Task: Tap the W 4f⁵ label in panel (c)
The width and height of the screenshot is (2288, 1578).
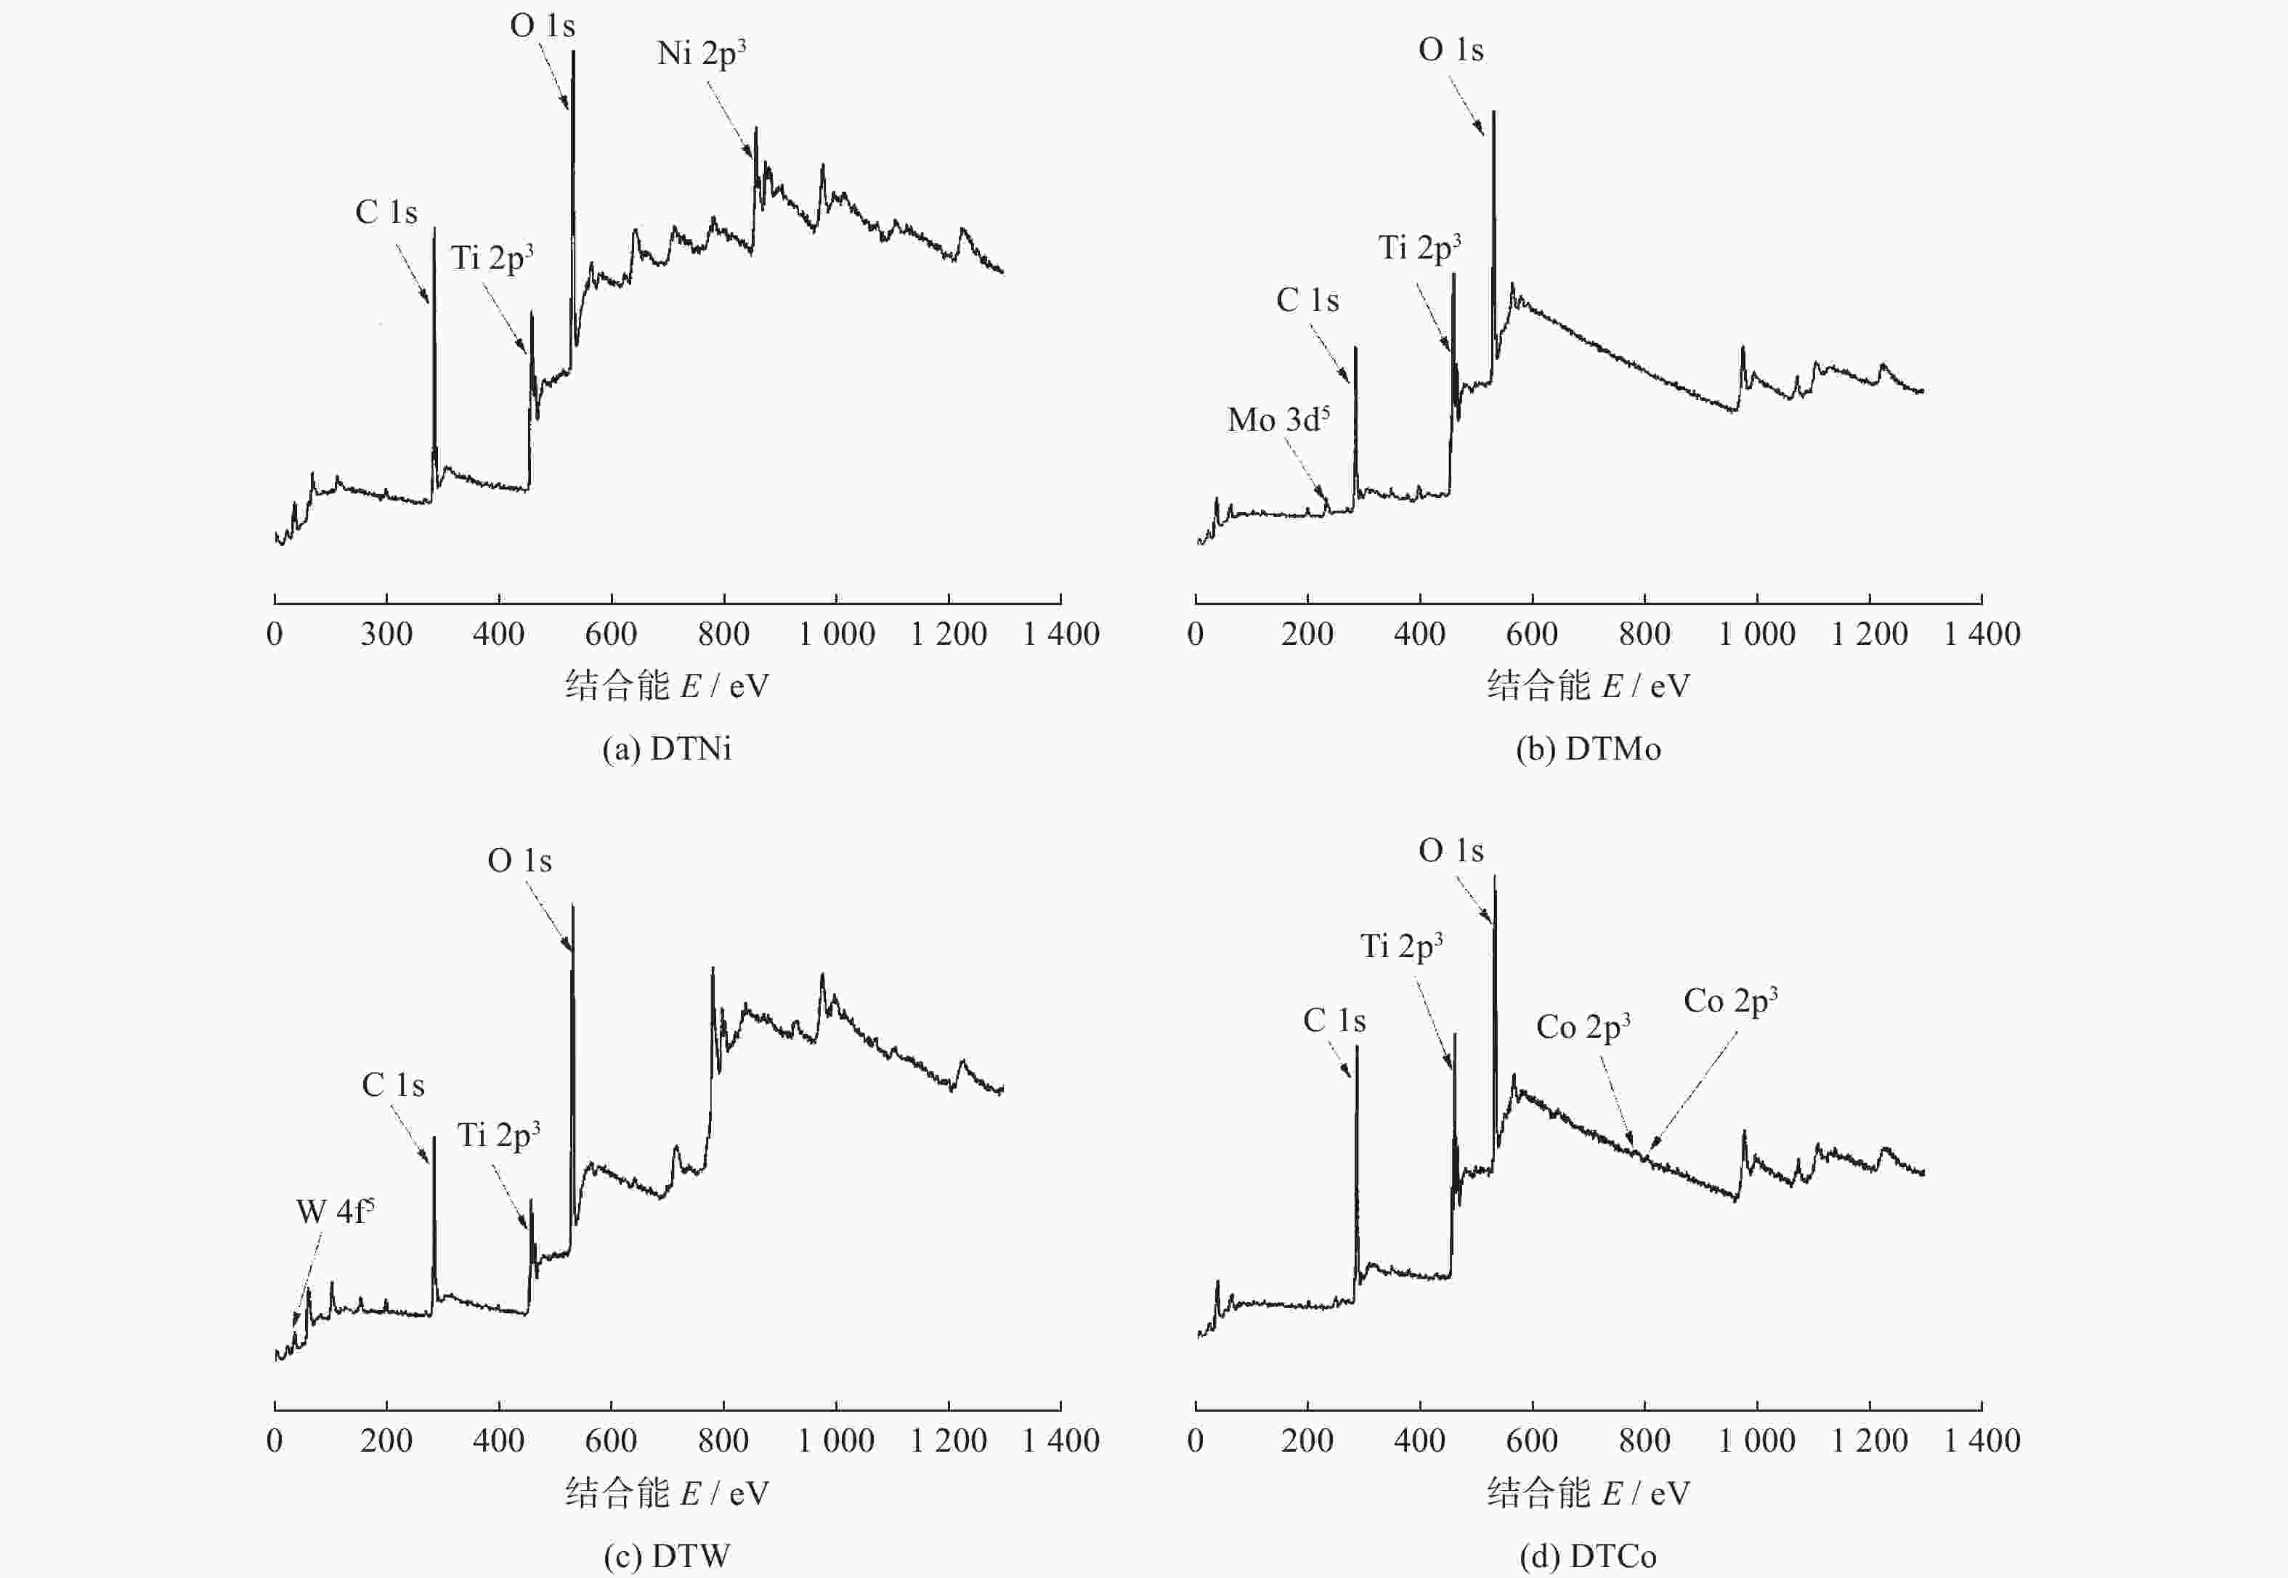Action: (335, 1211)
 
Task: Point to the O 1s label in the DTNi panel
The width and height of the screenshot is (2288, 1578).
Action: (542, 25)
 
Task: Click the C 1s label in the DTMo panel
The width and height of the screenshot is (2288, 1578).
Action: (1307, 301)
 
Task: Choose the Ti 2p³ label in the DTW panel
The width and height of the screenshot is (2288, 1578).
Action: (498, 1135)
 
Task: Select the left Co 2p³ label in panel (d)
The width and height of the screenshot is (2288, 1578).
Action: (1582, 1028)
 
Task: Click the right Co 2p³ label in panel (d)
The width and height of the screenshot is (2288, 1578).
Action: (1729, 1001)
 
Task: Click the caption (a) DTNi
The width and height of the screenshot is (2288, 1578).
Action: (667, 749)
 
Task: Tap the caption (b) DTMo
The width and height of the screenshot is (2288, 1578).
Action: (1588, 749)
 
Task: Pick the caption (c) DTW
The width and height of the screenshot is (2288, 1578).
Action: (667, 1556)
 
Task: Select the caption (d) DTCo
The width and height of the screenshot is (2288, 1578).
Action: (1588, 1556)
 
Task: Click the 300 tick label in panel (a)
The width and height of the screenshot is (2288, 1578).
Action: (386, 634)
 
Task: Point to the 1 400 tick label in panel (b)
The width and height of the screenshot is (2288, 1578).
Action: (1981, 634)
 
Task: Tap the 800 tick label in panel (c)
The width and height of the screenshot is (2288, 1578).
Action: (723, 1441)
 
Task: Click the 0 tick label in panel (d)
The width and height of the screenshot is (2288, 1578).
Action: (1196, 1441)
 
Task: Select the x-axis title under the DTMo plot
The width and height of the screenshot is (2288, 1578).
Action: (1588, 686)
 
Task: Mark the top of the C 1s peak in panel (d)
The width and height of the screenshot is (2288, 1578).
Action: (1357, 1047)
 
